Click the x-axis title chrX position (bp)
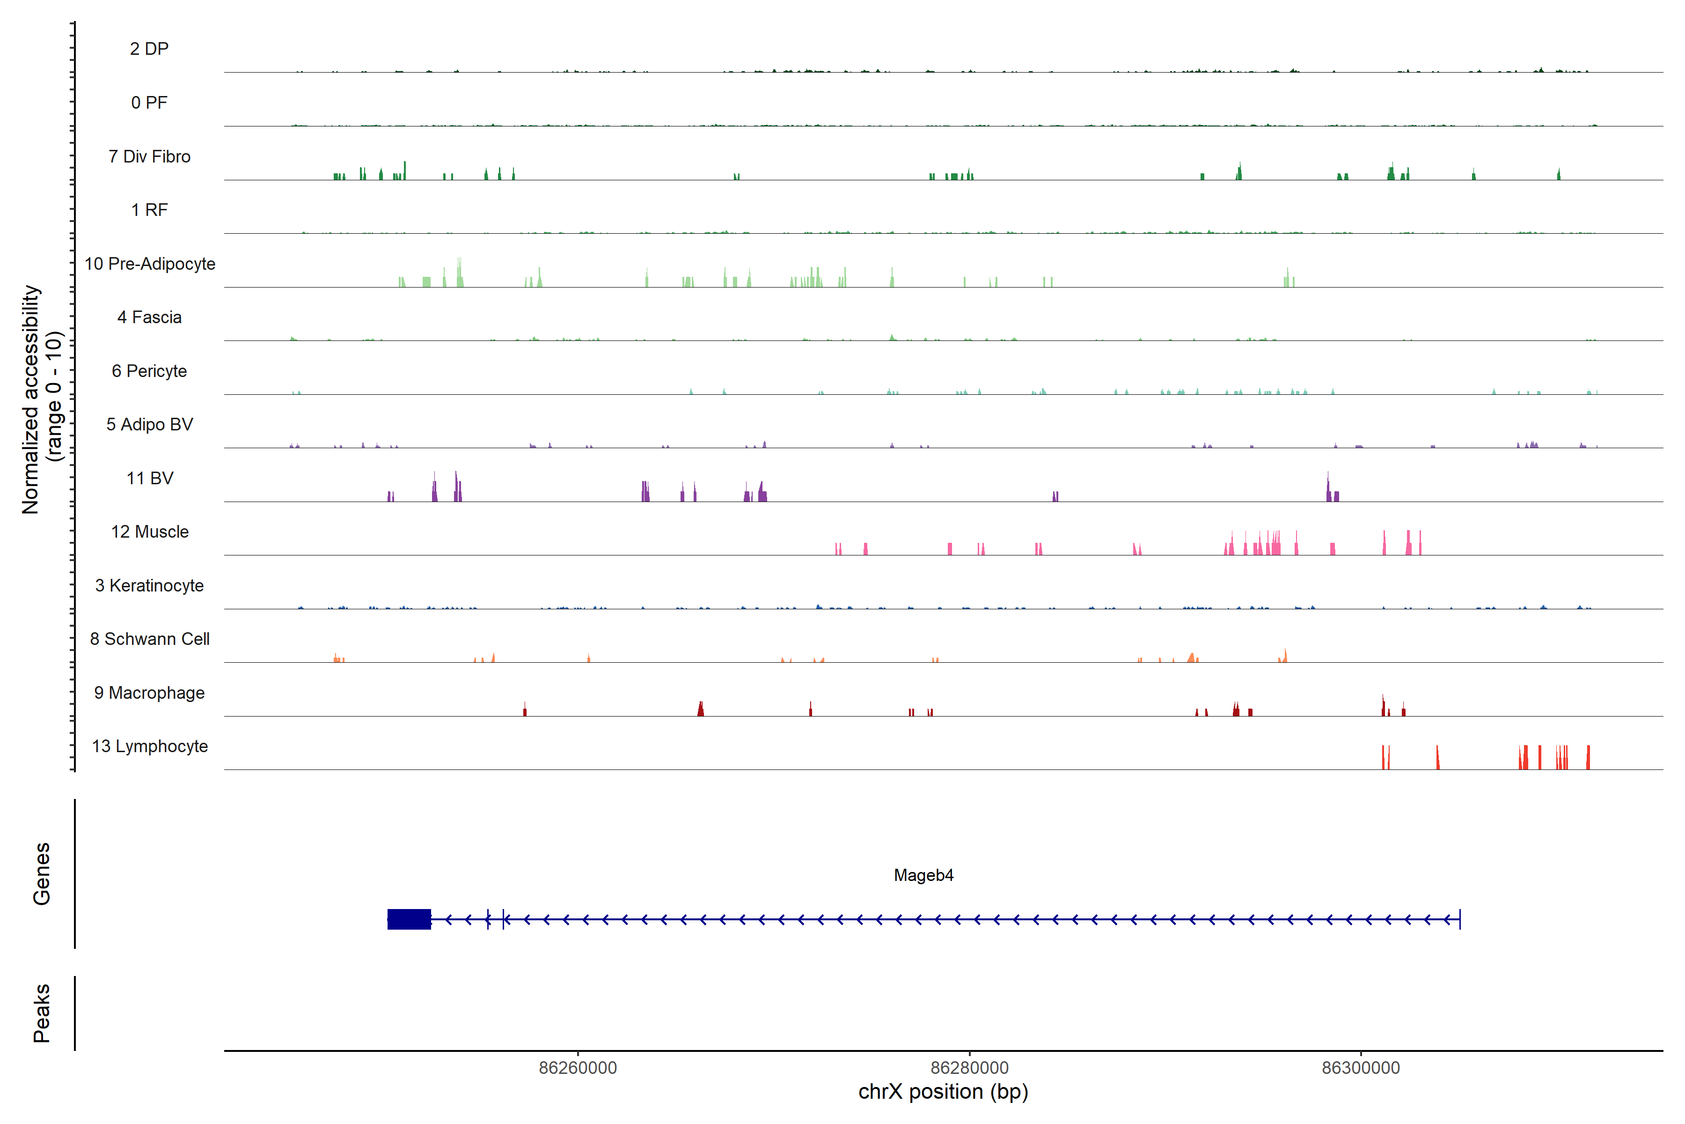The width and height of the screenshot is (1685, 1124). click(943, 1092)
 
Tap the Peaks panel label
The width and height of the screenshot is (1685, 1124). click(42, 1013)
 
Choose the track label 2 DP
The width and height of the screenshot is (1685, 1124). click(149, 49)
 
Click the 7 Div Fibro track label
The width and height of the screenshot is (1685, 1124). click(149, 156)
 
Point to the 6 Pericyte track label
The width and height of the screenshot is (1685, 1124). click(149, 370)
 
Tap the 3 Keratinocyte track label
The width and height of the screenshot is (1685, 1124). click(149, 586)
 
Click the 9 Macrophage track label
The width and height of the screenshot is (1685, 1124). click(149, 693)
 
